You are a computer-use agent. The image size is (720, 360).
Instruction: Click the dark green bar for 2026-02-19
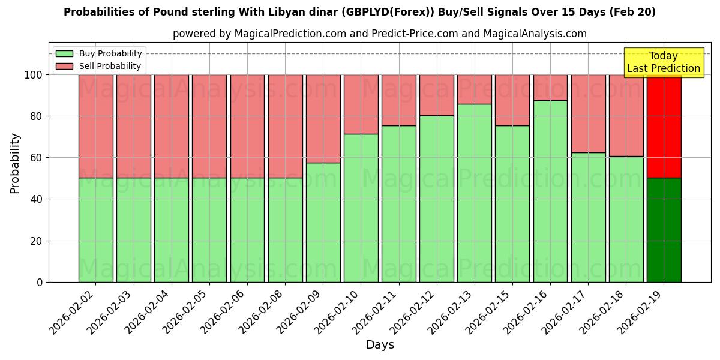click(664, 230)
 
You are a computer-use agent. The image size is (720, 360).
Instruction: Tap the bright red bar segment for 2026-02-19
click(664, 126)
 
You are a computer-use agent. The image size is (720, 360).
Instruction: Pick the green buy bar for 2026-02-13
click(474, 193)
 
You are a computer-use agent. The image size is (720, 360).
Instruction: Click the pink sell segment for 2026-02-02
click(95, 126)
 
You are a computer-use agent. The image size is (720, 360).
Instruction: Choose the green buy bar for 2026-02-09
click(323, 222)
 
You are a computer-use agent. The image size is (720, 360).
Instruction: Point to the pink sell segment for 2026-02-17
click(588, 113)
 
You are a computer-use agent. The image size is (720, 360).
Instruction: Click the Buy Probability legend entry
click(99, 54)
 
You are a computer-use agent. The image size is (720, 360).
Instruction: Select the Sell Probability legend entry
click(99, 66)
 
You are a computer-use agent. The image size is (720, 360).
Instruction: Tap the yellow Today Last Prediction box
click(664, 62)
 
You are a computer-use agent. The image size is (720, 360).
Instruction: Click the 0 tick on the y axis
click(40, 282)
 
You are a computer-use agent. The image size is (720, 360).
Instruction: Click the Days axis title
click(380, 345)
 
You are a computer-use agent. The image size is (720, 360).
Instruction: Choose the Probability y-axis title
click(15, 163)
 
